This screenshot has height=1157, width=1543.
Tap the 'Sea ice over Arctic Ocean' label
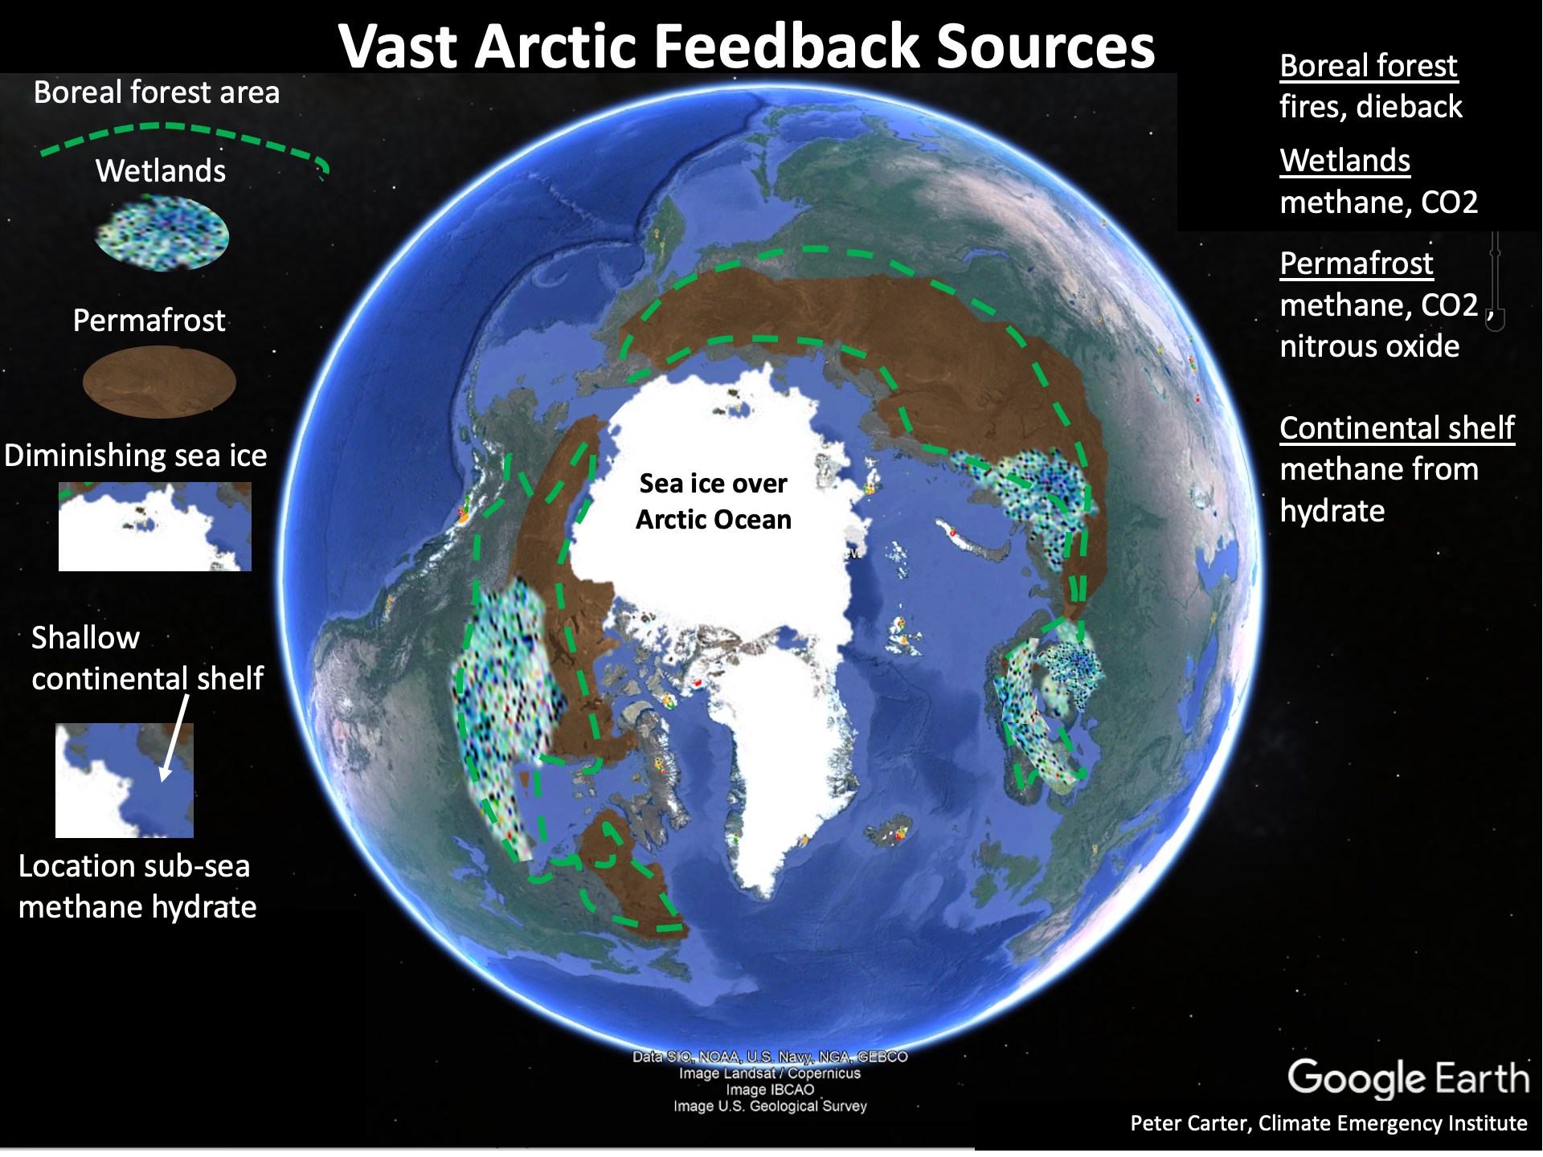714,501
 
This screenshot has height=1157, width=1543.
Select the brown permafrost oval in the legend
159,382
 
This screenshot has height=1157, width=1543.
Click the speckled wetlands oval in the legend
162,234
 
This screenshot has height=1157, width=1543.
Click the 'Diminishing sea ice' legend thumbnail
155,526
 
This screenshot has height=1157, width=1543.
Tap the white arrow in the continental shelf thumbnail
175,738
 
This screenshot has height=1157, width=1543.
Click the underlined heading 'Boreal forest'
1369,66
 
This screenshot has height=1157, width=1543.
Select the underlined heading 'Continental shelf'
1397,428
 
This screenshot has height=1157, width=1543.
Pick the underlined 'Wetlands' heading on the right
1345,161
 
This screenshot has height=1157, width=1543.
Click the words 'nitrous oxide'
1369,346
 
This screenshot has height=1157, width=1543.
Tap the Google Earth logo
1408,1078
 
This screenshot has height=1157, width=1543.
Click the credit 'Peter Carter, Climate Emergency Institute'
1328,1123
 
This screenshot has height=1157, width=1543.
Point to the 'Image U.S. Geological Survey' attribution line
770,1106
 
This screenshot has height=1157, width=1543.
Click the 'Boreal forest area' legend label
157,92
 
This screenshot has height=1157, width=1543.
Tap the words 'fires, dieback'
1371,107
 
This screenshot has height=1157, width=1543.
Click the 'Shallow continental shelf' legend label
147,658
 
